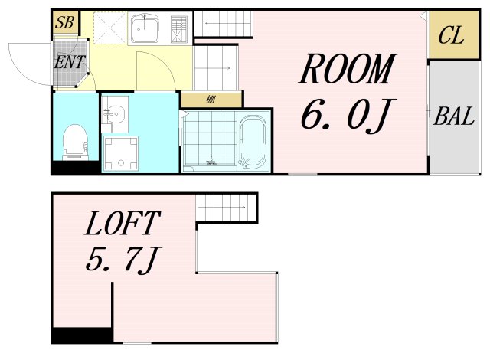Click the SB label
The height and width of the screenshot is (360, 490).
(64, 22)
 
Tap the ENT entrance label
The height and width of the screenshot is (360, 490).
(70, 62)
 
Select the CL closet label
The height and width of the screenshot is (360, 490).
(451, 35)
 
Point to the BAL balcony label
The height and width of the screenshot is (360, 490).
(454, 116)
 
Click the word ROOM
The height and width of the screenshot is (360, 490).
(348, 69)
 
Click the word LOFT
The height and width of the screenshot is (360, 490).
(122, 223)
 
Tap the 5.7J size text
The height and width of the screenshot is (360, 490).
(122, 260)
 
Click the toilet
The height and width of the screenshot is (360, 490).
(75, 142)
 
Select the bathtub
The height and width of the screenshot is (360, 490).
(253, 142)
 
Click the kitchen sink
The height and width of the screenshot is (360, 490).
(145, 28)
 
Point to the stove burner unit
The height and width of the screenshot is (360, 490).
(179, 29)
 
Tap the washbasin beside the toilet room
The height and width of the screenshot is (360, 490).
(115, 112)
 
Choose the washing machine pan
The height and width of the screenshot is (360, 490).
(121, 153)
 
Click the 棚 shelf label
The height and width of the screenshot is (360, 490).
(211, 100)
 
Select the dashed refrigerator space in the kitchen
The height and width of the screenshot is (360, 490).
(110, 28)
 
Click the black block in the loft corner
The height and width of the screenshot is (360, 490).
(82, 335)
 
